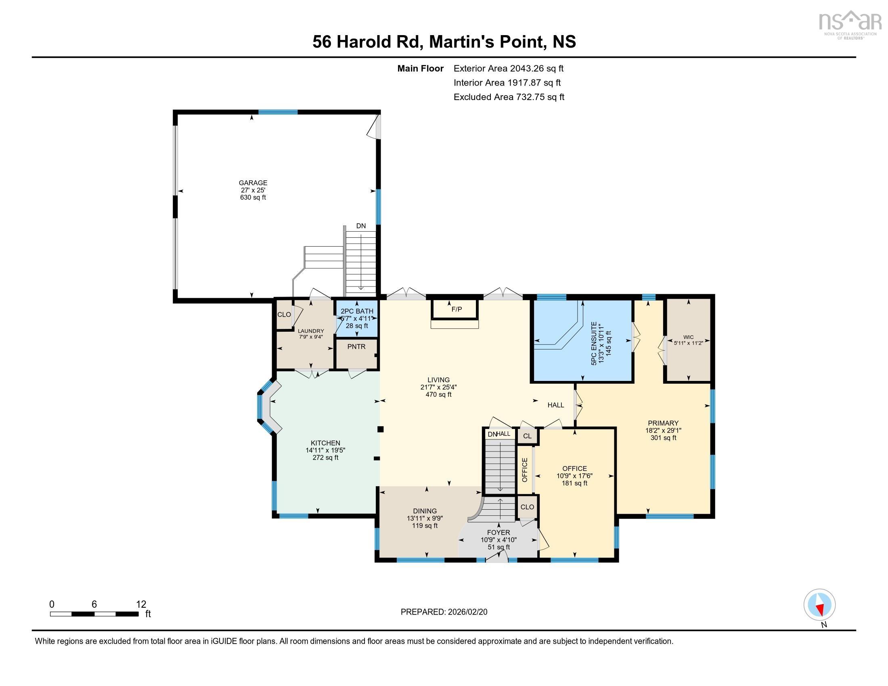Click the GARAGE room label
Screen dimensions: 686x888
(253, 183)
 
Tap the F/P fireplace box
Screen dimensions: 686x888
(457, 309)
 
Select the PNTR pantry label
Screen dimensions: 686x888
(356, 347)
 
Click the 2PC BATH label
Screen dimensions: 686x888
(356, 311)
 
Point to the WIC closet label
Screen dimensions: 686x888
(688, 337)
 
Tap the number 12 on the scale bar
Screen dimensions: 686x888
(141, 604)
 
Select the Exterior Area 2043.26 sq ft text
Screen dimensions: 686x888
(508, 68)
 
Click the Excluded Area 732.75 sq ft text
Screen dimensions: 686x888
(509, 97)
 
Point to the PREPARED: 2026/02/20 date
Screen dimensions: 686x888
(444, 612)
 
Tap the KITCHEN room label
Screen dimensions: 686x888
(325, 443)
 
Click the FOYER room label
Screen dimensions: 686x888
(498, 532)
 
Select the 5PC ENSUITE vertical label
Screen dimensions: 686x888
(594, 343)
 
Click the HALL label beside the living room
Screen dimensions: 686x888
(555, 405)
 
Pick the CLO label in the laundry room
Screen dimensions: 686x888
(284, 315)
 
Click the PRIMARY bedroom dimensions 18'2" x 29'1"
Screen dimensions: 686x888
(663, 431)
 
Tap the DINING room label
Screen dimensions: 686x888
(425, 511)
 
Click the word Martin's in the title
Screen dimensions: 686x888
(461, 42)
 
